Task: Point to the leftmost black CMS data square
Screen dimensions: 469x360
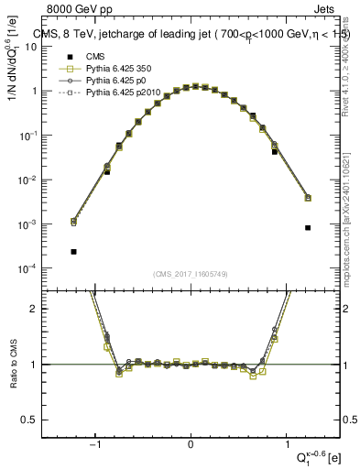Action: click(73, 251)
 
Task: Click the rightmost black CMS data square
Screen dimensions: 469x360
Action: click(308, 227)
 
